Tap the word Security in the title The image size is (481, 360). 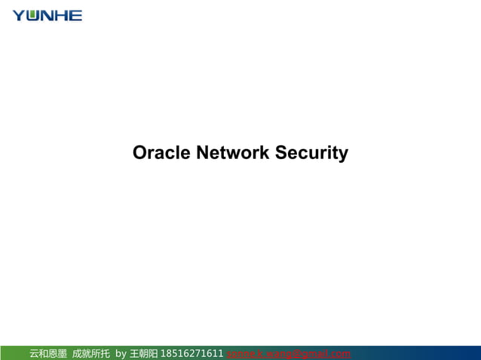coord(311,153)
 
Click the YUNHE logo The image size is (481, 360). coord(47,15)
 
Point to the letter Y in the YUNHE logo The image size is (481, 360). coord(19,15)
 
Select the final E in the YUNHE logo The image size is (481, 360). coord(75,15)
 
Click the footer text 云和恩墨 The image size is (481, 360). coord(48,353)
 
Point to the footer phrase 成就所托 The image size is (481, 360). coord(90,353)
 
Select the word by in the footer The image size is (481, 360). coord(121,353)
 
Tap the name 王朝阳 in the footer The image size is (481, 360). coord(143,353)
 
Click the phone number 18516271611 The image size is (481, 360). coord(192,353)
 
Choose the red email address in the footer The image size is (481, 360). coord(288,353)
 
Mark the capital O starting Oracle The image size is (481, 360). coord(139,153)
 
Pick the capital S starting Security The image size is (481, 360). coord(281,153)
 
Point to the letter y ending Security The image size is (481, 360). coord(344,154)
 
